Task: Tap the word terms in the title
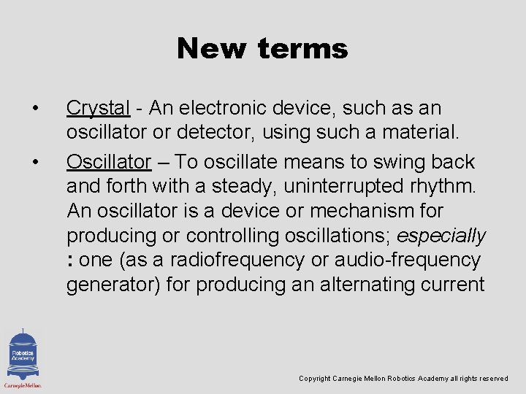tap(302, 49)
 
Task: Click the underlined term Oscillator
tap(108, 161)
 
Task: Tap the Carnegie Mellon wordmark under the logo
tap(23, 385)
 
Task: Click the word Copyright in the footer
tap(315, 379)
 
